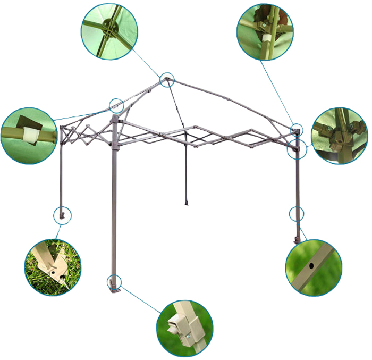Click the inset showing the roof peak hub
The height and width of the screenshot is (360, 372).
109,31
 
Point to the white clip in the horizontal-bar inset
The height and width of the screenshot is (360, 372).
30,135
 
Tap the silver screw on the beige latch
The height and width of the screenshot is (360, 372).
188,335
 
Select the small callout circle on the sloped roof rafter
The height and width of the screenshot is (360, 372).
116,104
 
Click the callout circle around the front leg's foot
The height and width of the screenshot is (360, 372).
114,282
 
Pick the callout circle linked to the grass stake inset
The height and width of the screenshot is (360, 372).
63,215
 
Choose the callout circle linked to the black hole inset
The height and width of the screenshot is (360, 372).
297,214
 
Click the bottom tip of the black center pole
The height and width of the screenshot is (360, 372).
186,203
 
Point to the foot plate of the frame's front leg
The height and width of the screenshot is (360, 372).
114,290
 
